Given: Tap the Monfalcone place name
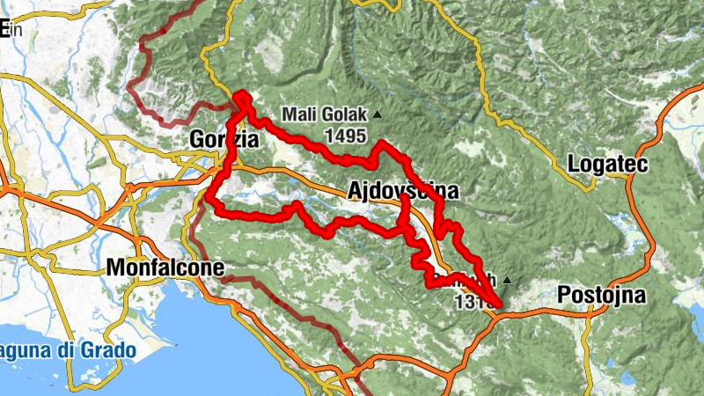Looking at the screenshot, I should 165,268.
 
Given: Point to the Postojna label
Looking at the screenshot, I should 602,295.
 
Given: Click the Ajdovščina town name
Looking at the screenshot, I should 403,190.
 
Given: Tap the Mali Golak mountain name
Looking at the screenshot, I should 326,114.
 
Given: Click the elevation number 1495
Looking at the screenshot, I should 345,136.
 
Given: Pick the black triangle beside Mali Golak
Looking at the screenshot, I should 378,114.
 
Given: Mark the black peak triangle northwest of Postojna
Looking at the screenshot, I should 507,281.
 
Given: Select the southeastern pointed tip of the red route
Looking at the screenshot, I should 499,306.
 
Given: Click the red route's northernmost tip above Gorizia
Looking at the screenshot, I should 240,95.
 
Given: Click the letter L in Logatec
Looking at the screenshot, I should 575,164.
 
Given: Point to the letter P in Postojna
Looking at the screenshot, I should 564,295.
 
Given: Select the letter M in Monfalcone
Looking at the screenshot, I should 113,268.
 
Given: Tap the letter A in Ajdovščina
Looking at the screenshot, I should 355,190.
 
